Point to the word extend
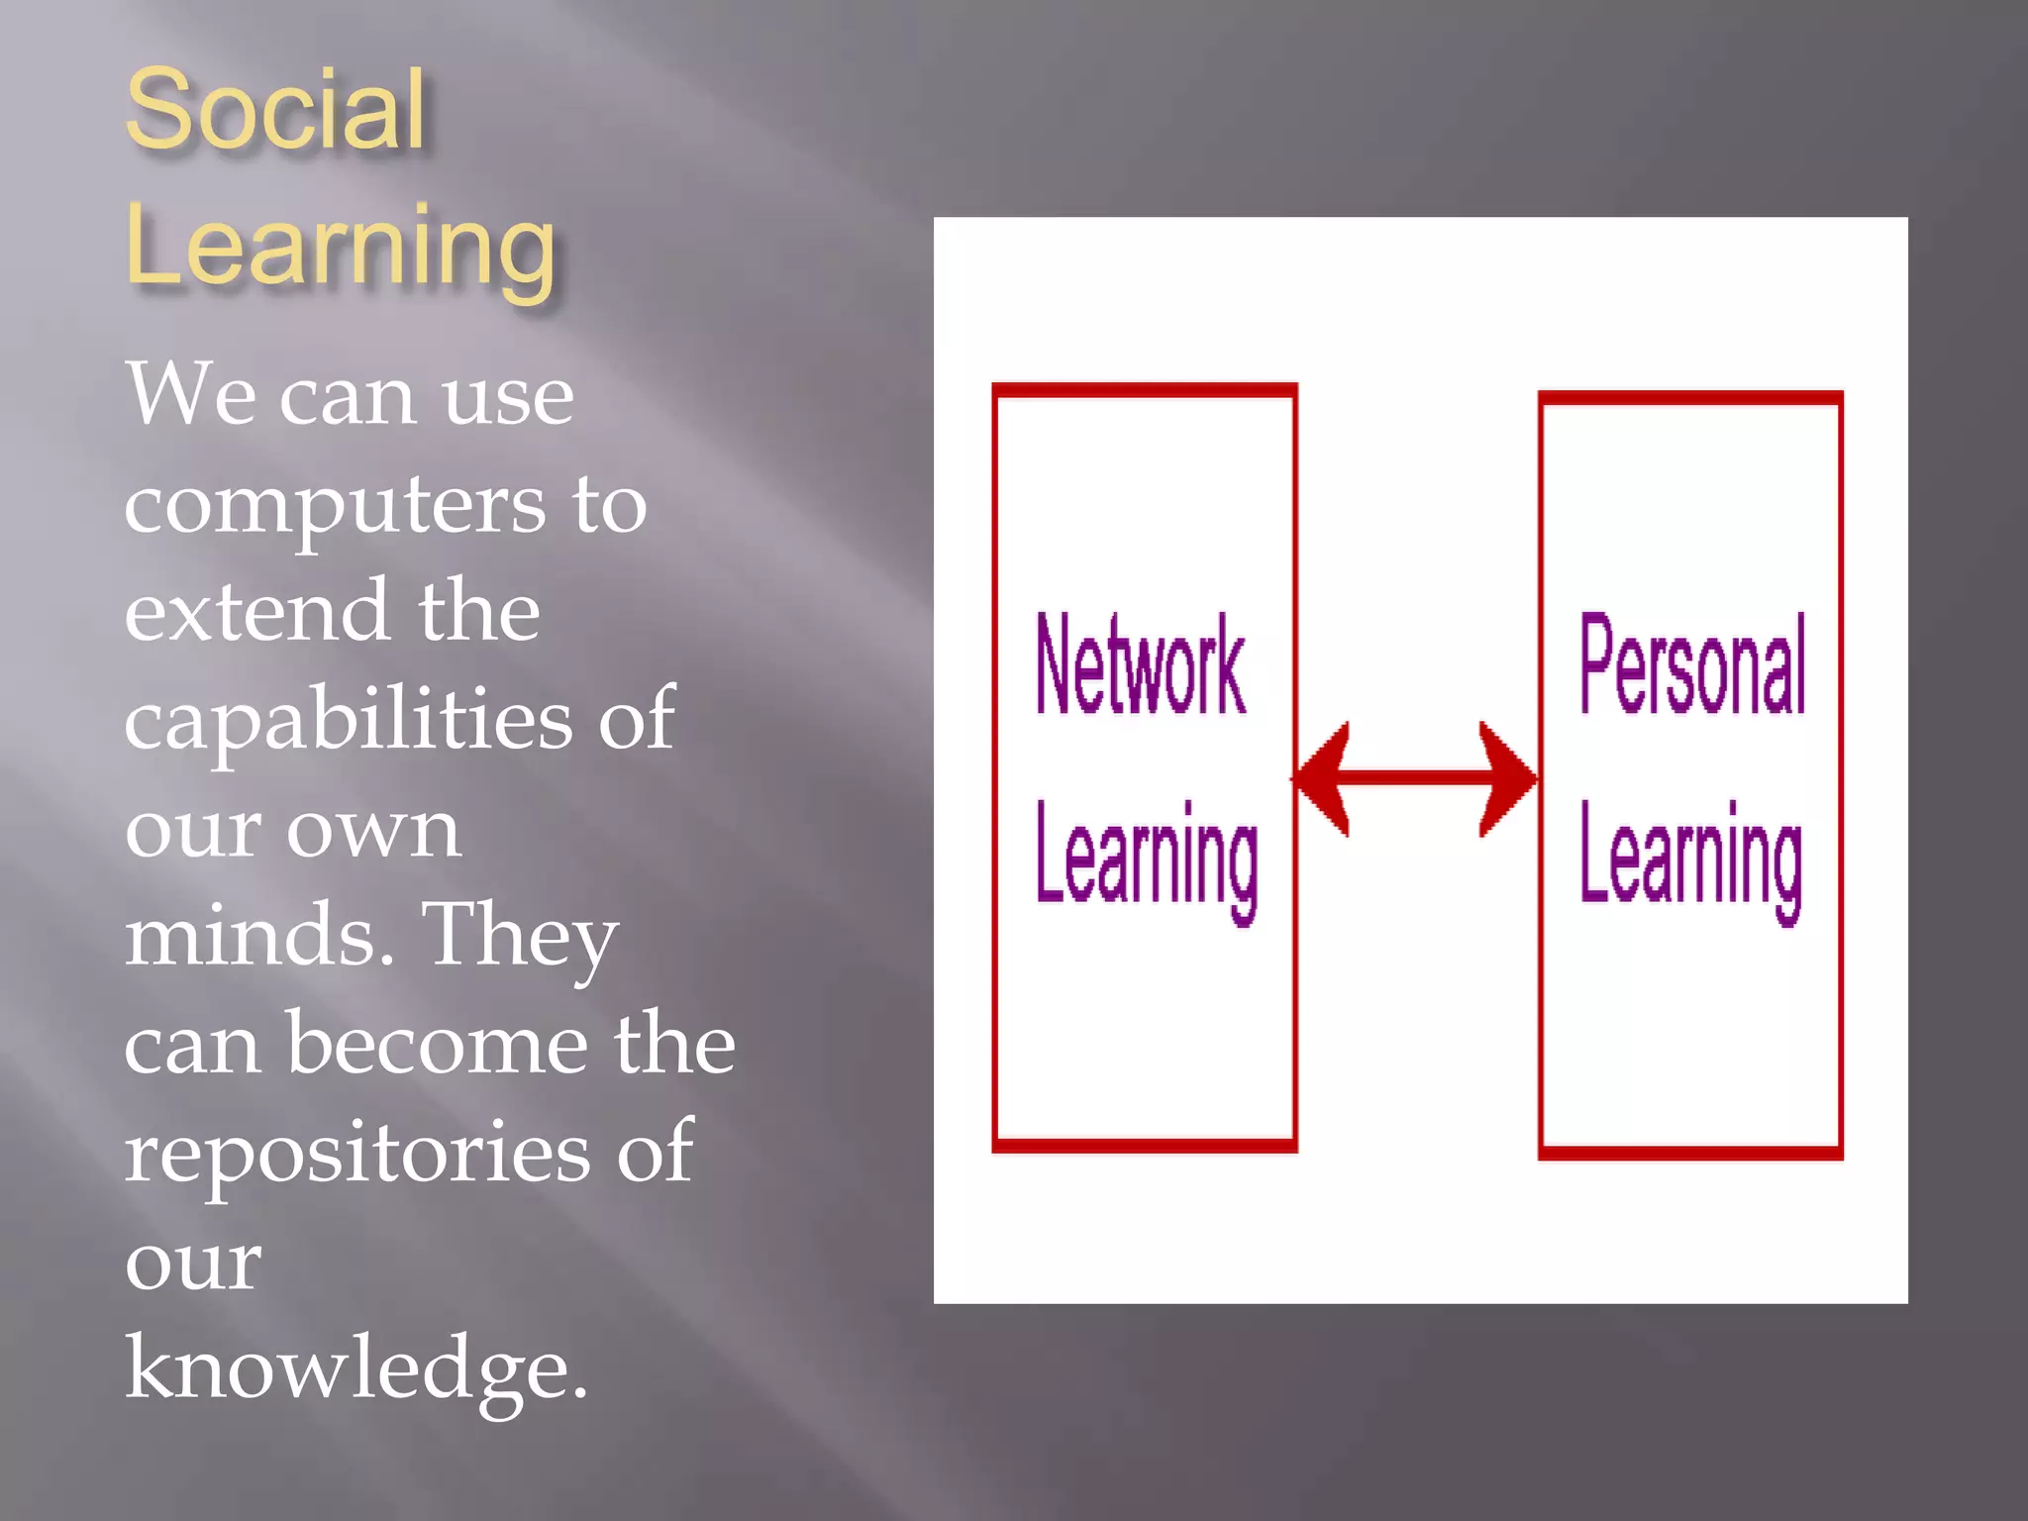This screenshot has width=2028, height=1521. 256,611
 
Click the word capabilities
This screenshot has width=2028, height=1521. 349,721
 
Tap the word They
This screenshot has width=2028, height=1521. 520,937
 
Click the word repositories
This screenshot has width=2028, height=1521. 357,1153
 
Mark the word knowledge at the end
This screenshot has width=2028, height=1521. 355,1369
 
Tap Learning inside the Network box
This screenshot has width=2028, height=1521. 1147,858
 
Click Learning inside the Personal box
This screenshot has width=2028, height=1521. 1691,858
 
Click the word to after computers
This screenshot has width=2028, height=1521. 610,505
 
